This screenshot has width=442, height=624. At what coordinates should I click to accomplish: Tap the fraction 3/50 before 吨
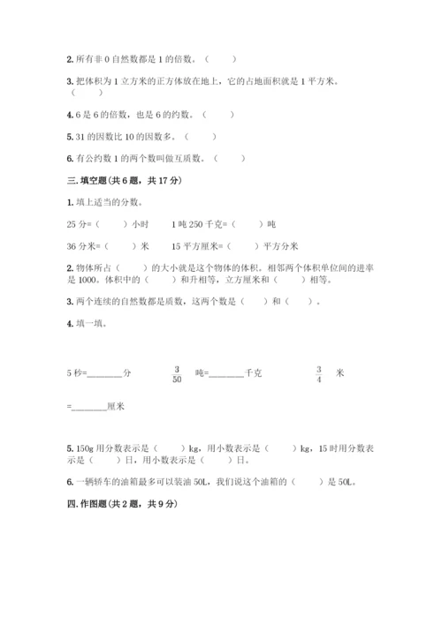[x=176, y=373]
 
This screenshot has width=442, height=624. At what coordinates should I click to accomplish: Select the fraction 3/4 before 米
[x=319, y=373]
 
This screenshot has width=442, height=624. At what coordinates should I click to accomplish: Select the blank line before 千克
[x=226, y=374]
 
